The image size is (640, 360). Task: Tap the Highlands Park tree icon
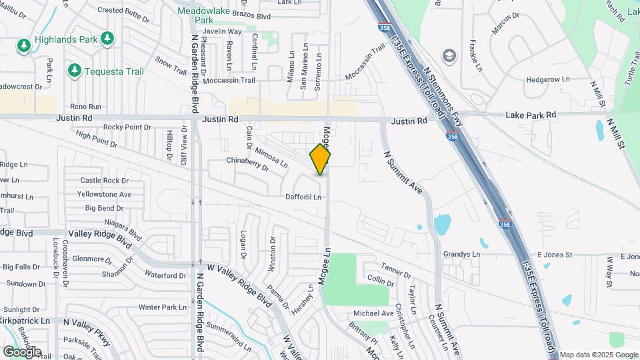(x=24, y=45)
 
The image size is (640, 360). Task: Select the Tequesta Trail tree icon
(x=74, y=70)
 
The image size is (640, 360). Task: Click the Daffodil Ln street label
(x=303, y=197)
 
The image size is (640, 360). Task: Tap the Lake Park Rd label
(x=531, y=115)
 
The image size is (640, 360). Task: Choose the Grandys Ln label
(x=461, y=255)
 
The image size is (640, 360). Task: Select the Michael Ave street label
(x=373, y=313)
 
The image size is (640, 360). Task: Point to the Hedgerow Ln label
(x=548, y=79)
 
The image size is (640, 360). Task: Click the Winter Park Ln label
(x=163, y=307)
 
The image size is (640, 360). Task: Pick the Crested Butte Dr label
(x=124, y=10)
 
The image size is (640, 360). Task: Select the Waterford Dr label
(x=165, y=275)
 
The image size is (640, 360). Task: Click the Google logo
(x=22, y=351)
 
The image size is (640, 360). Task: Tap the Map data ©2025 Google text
(x=599, y=355)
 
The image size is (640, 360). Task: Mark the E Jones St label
(x=551, y=255)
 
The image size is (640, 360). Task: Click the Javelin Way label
(x=222, y=31)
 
